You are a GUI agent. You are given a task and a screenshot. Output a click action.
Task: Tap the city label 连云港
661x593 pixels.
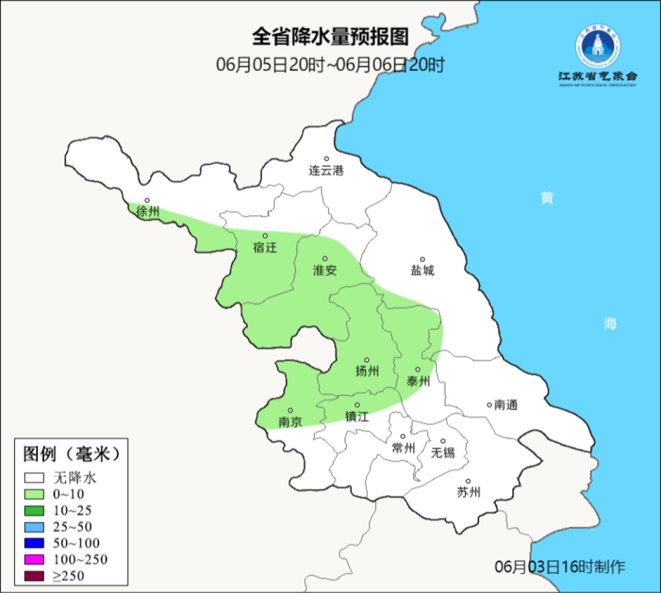click(326, 171)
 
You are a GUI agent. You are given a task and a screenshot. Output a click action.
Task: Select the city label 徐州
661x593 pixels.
click(148, 212)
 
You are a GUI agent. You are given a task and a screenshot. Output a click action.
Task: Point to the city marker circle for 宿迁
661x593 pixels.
click(265, 236)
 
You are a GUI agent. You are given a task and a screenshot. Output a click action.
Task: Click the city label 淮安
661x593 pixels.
click(325, 270)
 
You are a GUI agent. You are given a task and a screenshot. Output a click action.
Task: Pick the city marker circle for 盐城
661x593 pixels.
click(422, 259)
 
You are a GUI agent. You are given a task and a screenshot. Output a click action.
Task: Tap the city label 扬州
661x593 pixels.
click(367, 371)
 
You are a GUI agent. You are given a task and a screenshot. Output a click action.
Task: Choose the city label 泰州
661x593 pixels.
click(419, 381)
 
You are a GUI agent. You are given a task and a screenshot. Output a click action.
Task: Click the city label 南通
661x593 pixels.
click(506, 405)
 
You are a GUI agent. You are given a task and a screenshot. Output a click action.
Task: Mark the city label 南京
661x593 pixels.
click(290, 422)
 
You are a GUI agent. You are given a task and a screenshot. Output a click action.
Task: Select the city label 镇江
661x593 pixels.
click(357, 417)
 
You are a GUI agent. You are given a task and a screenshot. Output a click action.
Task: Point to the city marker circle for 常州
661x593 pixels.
click(403, 436)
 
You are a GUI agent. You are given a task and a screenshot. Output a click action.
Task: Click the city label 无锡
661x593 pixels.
click(443, 453)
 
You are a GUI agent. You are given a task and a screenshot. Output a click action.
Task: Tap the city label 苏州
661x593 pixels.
click(469, 492)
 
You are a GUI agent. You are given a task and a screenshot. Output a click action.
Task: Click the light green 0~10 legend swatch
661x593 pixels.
click(34, 494)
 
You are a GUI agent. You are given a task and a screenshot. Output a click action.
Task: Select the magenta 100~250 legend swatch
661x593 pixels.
click(34, 559)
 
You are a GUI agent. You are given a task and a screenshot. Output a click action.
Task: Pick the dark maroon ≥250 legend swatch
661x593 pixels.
click(34, 576)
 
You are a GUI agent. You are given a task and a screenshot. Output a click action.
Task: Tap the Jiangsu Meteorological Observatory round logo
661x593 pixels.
click(597, 46)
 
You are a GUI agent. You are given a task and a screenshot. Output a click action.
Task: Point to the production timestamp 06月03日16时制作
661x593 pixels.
click(560, 567)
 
